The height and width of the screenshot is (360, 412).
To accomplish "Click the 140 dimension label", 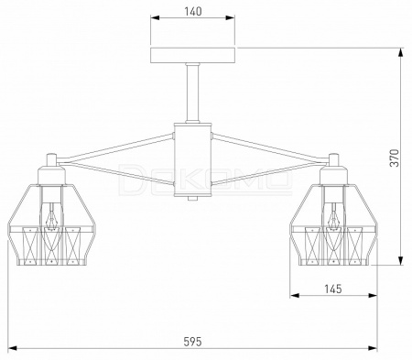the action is click(x=193, y=11).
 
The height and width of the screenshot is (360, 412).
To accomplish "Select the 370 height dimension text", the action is click(x=395, y=158).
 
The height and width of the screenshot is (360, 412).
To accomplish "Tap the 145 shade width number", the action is click(x=333, y=289).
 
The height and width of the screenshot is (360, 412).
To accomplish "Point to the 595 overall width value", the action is click(x=193, y=342).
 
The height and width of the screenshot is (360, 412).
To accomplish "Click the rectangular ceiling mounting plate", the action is click(x=193, y=55).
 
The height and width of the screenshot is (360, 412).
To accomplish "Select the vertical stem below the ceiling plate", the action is click(x=193, y=93).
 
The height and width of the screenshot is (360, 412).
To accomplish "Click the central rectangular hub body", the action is click(x=193, y=159).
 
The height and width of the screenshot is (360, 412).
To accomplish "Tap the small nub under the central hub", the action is click(x=192, y=199).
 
